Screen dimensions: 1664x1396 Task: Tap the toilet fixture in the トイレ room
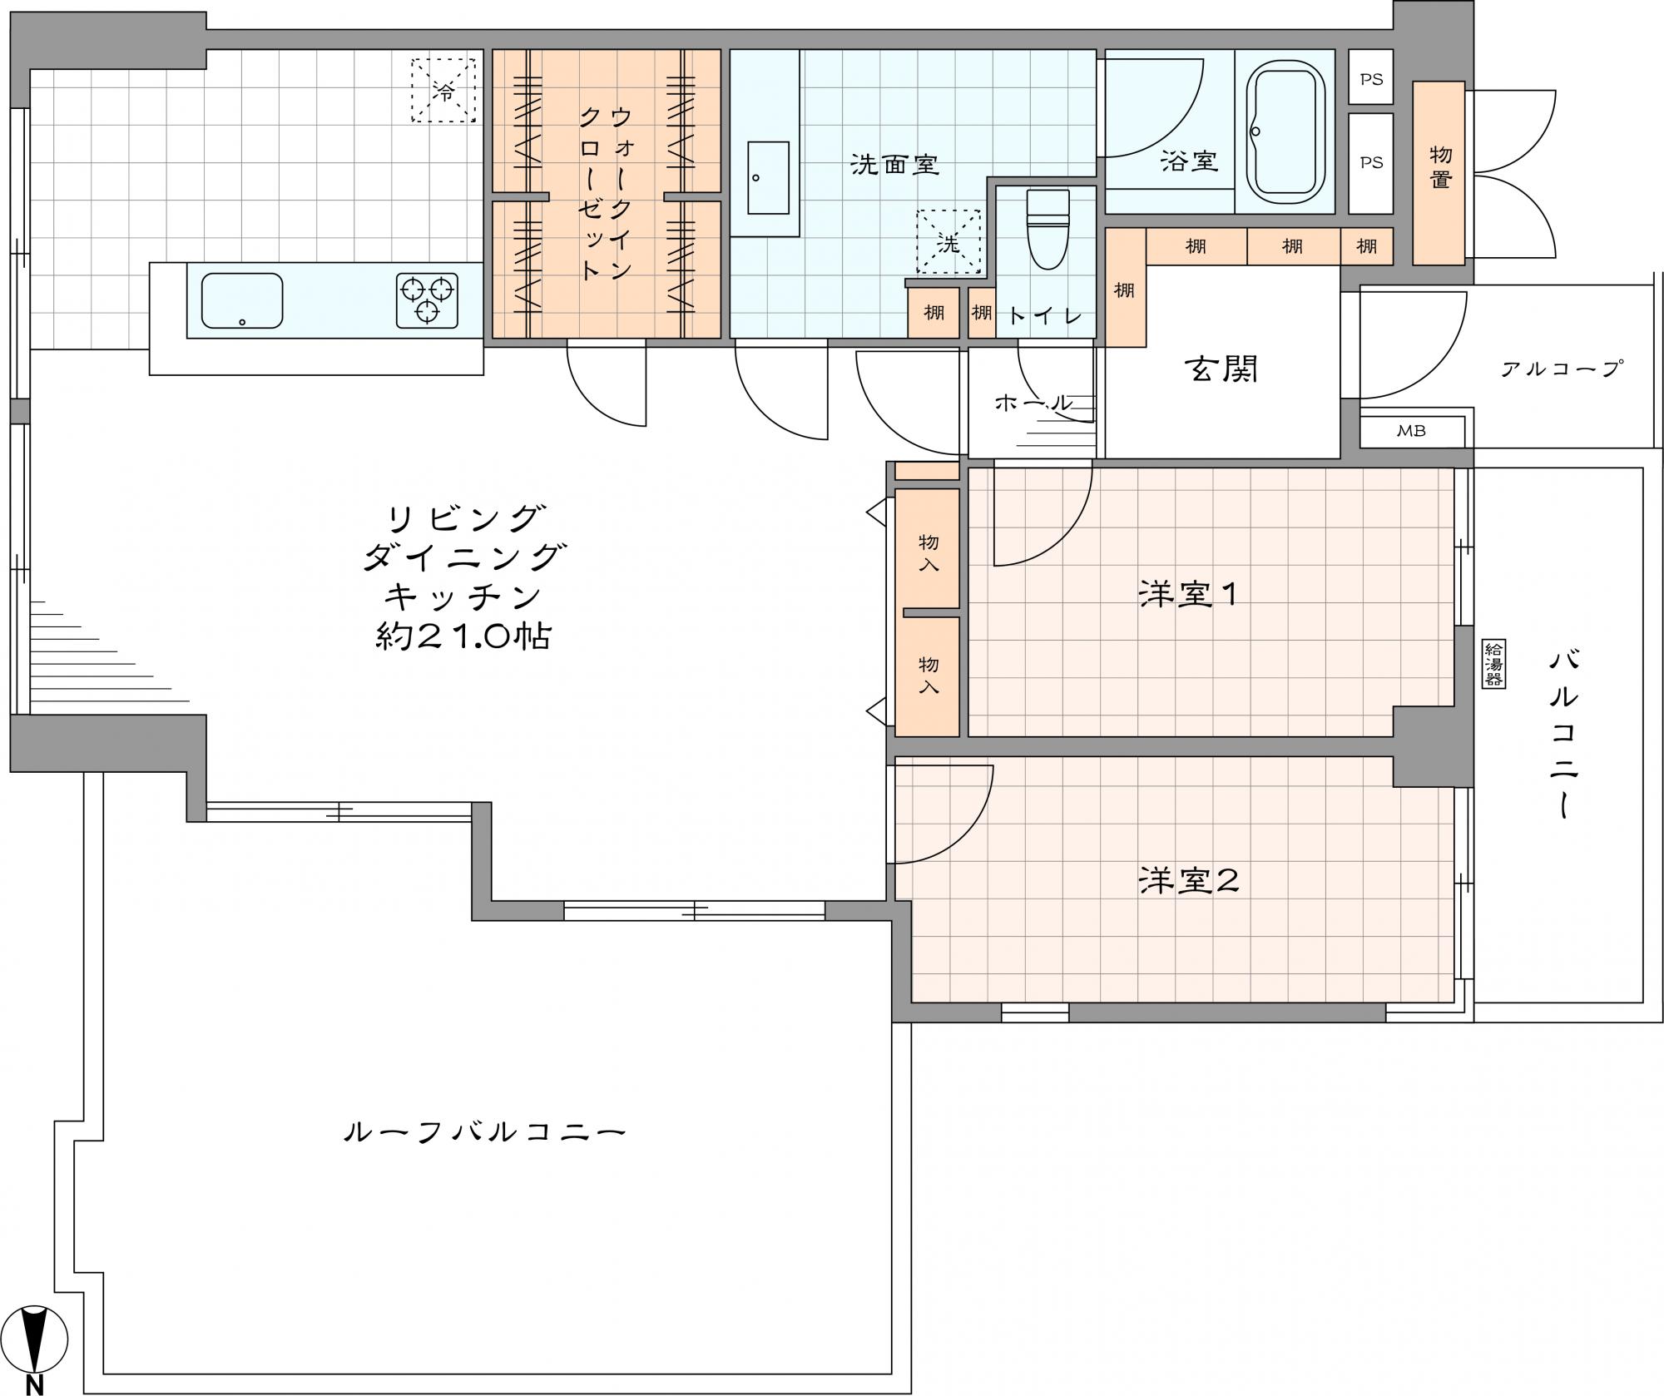pos(1047,229)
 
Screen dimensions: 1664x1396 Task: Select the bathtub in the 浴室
pos(1289,133)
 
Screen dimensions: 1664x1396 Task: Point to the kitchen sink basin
pos(242,299)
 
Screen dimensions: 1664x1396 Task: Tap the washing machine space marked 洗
pos(948,242)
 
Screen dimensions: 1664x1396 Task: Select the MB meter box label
pos(1410,431)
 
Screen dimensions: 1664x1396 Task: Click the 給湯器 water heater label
pos(1493,663)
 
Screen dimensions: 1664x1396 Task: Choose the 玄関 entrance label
pos(1221,369)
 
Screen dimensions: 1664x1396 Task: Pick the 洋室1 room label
pos(1189,594)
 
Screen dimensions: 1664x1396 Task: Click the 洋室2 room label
pos(1189,880)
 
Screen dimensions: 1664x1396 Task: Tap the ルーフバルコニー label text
pos(484,1132)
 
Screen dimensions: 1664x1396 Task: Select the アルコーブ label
pos(1562,369)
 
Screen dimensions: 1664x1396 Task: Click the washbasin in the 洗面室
pos(768,178)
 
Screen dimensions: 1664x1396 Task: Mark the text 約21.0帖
pos(463,637)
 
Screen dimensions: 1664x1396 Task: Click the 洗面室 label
pos(894,165)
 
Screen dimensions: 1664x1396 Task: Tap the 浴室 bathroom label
pos(1190,161)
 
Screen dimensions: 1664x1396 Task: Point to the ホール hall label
pos(1034,403)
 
